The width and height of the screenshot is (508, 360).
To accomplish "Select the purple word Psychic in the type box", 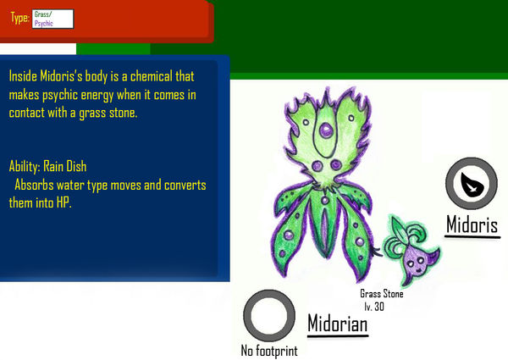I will coord(44,23).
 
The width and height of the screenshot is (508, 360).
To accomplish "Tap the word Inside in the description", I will coord(26,75).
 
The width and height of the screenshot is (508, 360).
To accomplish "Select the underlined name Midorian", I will coord(337,323).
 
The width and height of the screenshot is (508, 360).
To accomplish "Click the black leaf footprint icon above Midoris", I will coord(469,182).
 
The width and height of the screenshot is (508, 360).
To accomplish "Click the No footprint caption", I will coord(268,350).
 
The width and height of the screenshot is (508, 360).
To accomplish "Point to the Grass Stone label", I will coord(381,294).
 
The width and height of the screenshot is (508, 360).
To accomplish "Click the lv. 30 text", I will coord(377,304).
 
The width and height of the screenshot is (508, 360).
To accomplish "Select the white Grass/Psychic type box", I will coord(52,19).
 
